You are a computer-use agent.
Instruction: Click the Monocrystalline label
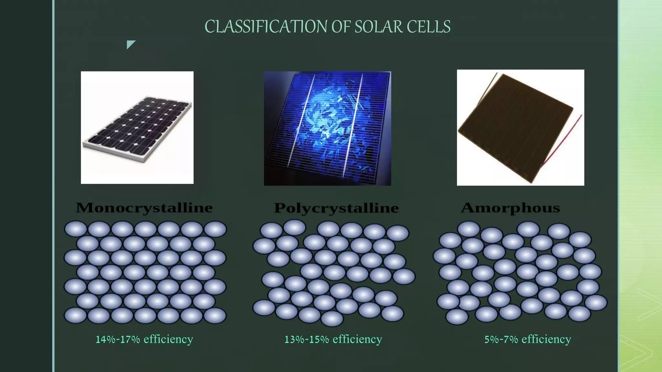144,208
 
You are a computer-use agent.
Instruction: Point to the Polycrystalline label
336,208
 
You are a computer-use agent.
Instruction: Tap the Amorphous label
510,208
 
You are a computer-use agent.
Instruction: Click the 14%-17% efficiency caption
144,339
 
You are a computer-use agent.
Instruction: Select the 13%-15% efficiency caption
333,339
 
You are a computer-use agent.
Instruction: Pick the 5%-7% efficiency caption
528,339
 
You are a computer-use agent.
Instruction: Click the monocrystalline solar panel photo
137,128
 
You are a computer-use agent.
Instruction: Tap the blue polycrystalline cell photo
327,128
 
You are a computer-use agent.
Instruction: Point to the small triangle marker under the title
130,44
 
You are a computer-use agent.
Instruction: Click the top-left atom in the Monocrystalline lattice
76,229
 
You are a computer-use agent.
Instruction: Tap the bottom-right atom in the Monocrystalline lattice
215,315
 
